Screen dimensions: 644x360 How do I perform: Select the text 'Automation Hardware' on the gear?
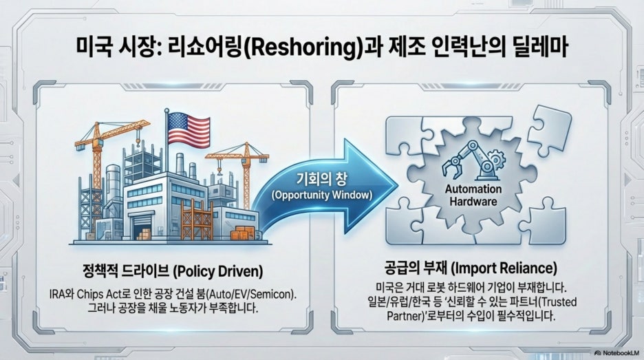[473, 195]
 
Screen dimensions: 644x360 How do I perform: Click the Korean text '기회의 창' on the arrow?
[321, 179]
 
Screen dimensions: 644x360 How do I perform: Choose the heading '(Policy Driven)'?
[217, 271]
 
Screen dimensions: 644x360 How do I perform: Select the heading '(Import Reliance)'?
[504, 268]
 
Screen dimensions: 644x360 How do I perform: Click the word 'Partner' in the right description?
[402, 317]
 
